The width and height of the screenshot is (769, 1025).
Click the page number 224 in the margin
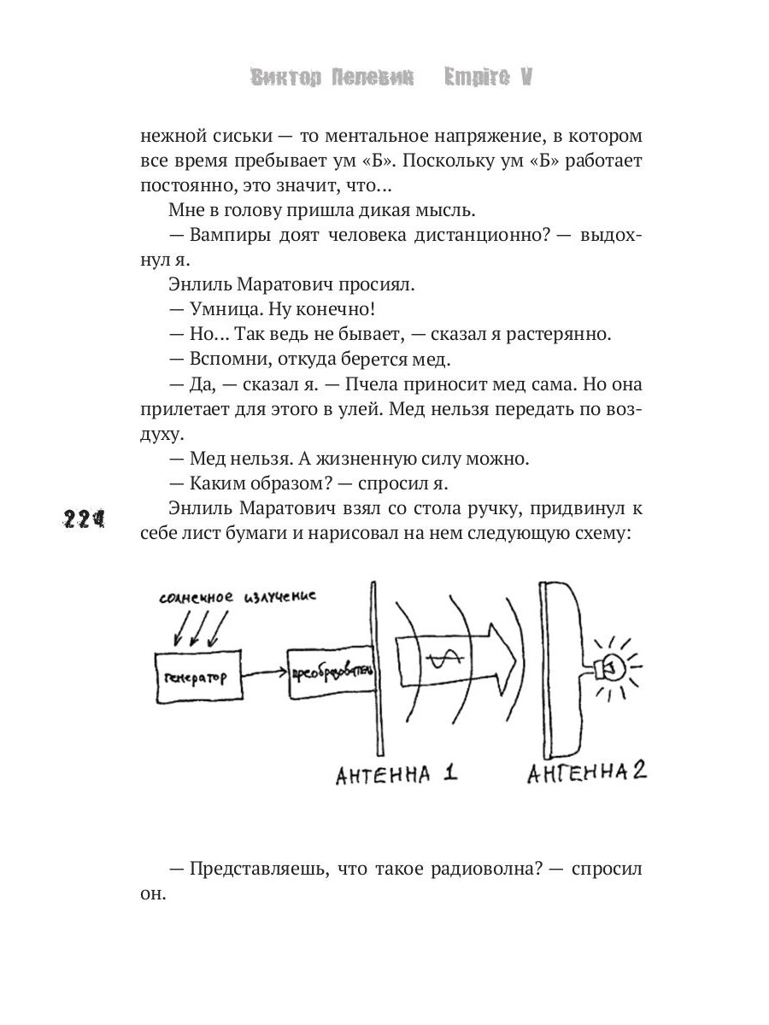coord(83,519)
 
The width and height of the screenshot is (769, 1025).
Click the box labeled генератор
coord(196,677)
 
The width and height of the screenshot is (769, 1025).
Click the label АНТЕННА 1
coord(396,776)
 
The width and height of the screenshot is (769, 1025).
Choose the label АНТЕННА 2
coord(586,774)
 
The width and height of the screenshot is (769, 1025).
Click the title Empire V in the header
coord(489,77)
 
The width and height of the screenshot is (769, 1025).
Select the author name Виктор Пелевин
coord(332,77)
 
